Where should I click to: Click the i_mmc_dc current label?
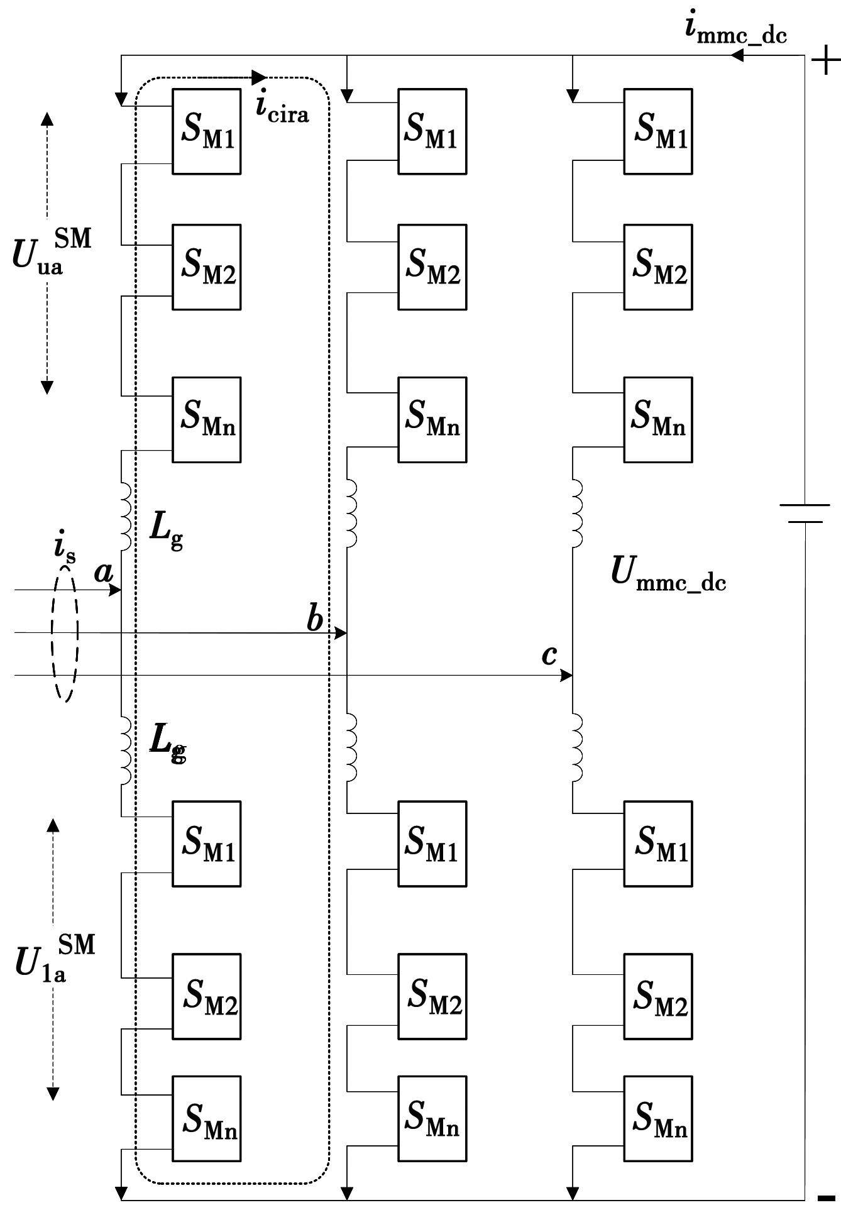735,31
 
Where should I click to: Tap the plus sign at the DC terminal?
825,62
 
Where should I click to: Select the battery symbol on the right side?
805,513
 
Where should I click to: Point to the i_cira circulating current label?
282,109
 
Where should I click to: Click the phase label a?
103,572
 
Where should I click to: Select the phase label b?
314,620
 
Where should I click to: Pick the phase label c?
549,655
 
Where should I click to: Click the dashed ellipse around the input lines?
65,632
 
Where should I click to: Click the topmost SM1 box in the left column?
207,131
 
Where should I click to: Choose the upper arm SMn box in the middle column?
432,420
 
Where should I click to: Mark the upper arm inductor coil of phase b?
351,513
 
